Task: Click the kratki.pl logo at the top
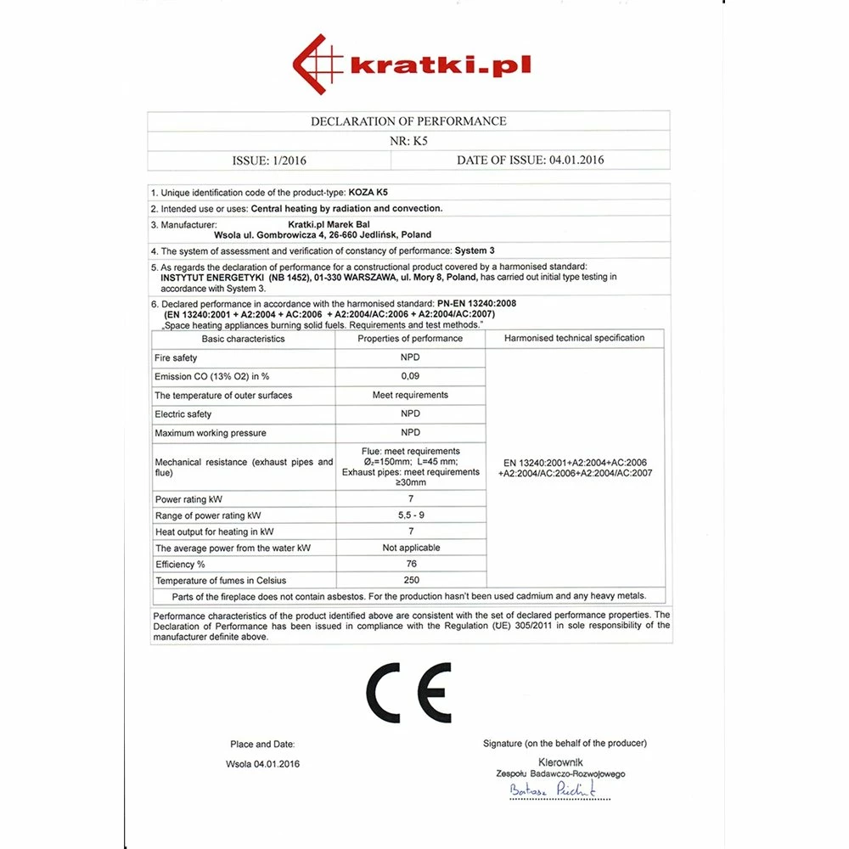(412, 65)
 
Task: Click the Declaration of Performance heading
(408, 121)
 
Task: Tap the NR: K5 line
(408, 142)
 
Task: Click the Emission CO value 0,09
(410, 376)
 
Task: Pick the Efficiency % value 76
(410, 564)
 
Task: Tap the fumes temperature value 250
(410, 581)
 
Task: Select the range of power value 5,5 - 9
(410, 515)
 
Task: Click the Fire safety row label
(176, 358)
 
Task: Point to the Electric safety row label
(183, 414)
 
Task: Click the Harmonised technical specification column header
(574, 338)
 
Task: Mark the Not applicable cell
(411, 548)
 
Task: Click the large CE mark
(408, 693)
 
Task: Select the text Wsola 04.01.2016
(262, 764)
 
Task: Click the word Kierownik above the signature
(560, 763)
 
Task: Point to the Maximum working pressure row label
(210, 433)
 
